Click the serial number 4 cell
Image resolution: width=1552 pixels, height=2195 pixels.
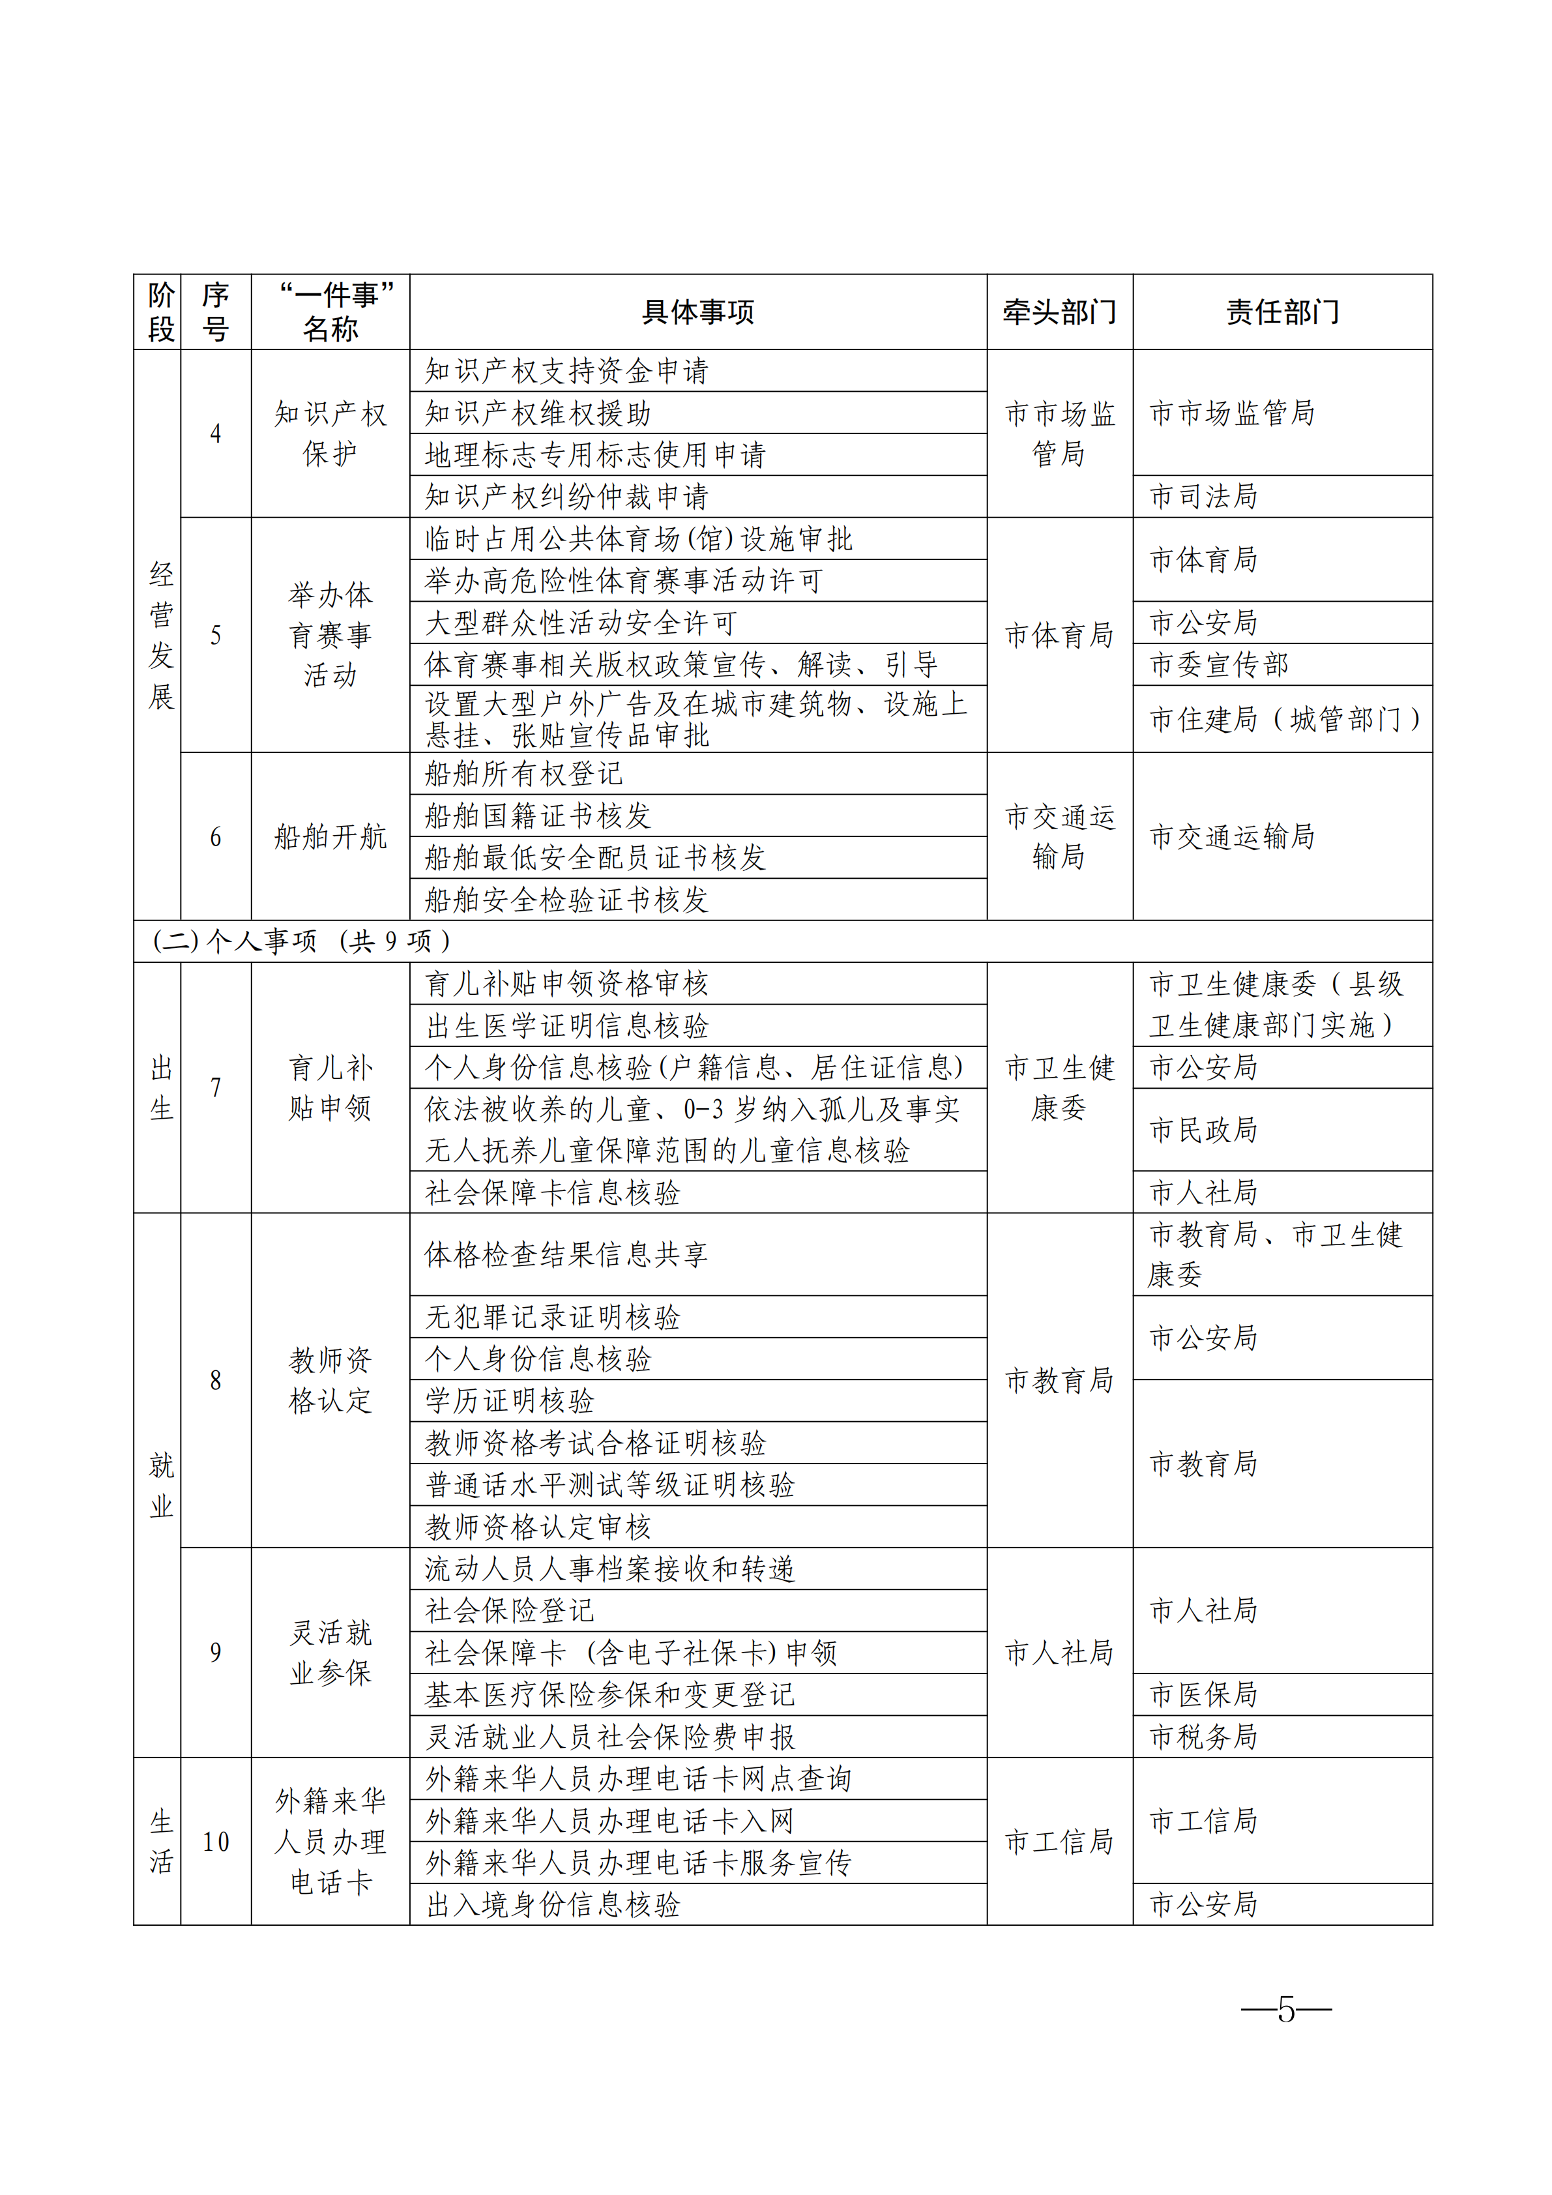[x=216, y=433]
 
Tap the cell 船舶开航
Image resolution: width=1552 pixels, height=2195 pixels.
[x=330, y=836]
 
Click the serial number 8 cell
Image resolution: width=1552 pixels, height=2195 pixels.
[x=216, y=1379]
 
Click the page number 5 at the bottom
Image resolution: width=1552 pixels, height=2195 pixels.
[x=1285, y=2010]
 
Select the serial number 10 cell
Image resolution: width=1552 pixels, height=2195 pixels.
[x=216, y=1841]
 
